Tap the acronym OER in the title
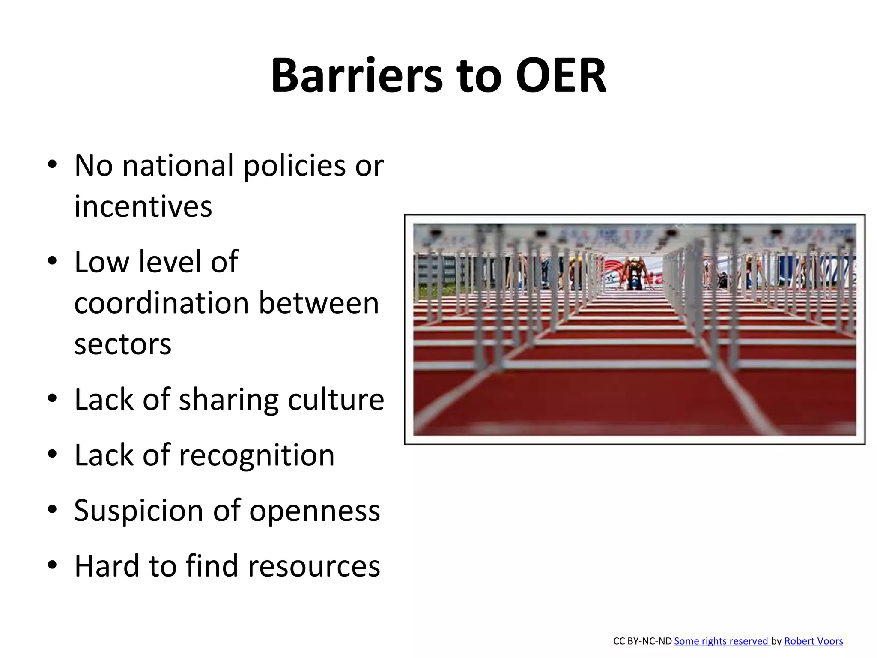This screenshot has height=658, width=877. (561, 76)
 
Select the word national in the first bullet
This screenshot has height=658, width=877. (178, 165)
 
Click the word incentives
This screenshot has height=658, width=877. (143, 206)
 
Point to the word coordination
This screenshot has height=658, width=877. (161, 303)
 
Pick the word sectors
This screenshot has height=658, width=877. (122, 344)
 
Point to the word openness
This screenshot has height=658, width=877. (314, 511)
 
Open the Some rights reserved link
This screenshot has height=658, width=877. (722, 641)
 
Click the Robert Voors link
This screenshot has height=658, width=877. (813, 641)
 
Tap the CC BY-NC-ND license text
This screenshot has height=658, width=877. (642, 641)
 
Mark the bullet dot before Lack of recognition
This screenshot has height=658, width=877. (52, 455)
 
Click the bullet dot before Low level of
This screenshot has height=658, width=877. (52, 261)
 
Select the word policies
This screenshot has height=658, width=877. (294, 165)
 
